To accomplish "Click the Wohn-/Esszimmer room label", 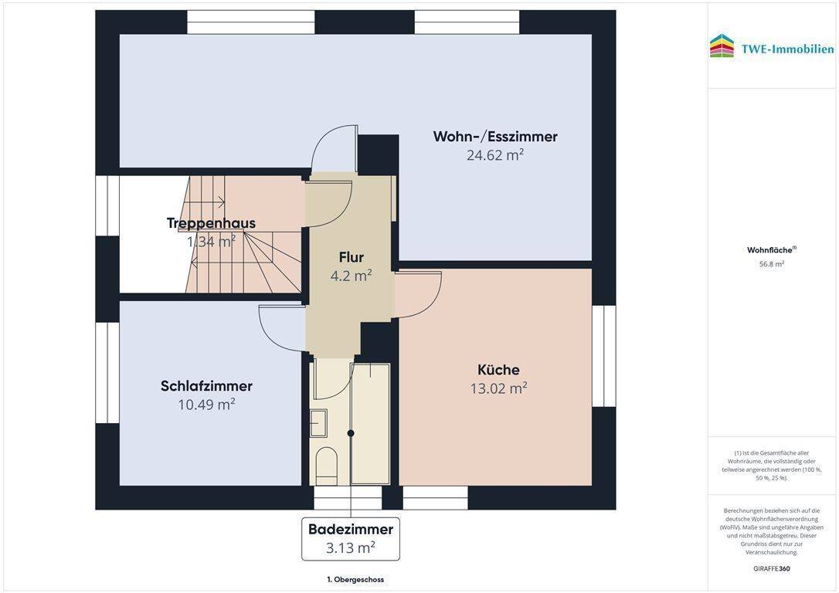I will click(x=494, y=137).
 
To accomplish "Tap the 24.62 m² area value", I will click(x=494, y=155).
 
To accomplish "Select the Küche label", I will click(x=498, y=370).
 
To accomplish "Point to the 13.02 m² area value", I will click(x=498, y=388).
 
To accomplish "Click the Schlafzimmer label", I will click(x=206, y=386).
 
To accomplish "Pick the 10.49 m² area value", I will click(x=206, y=405).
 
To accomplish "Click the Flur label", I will click(x=351, y=257).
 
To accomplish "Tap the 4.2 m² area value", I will click(x=352, y=276).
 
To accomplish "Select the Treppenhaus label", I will click(x=211, y=223).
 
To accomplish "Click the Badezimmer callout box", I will click(x=351, y=538).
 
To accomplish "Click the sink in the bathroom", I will click(x=318, y=423).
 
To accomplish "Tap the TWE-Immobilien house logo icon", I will click(x=722, y=46).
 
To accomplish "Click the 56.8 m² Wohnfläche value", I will click(x=771, y=264).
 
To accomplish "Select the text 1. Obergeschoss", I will click(x=355, y=579).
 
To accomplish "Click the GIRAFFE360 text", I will click(x=771, y=569).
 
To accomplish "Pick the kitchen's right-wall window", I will click(x=603, y=356).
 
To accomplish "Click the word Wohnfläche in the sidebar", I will click(x=769, y=250).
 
